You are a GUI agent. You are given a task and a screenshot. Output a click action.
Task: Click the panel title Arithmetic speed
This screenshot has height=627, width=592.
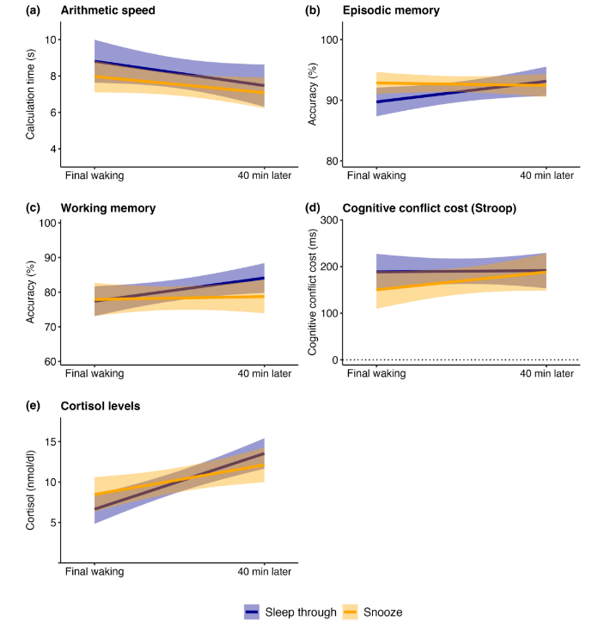(x=104, y=10)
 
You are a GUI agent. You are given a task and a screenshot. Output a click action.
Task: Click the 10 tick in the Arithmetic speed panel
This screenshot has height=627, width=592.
(x=52, y=40)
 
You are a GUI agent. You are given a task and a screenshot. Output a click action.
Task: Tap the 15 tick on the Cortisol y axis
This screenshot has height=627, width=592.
(x=52, y=441)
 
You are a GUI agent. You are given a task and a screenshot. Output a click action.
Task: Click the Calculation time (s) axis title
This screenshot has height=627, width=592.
(x=30, y=94)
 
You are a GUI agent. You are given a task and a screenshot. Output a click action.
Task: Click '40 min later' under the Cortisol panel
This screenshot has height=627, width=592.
(x=264, y=571)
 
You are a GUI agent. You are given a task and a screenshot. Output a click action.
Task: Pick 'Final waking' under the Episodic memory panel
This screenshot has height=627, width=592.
(x=377, y=175)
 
